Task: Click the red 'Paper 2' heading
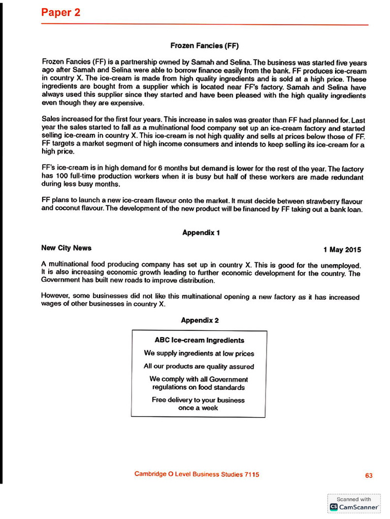coord(60,13)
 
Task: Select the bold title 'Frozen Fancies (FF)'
coord(204,46)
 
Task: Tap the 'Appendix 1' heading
coord(201,233)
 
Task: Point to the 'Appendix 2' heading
coord(200,320)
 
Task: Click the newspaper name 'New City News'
coord(66,248)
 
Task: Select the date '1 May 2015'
coord(342,249)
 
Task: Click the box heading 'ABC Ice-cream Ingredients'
coord(199,340)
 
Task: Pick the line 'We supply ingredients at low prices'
coord(199,353)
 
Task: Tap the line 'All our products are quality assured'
coord(199,366)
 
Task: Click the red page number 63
coord(369,475)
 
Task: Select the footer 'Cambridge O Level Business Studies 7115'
coord(197,474)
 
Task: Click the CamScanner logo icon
coord(334,507)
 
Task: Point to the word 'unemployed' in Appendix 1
coord(341,265)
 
